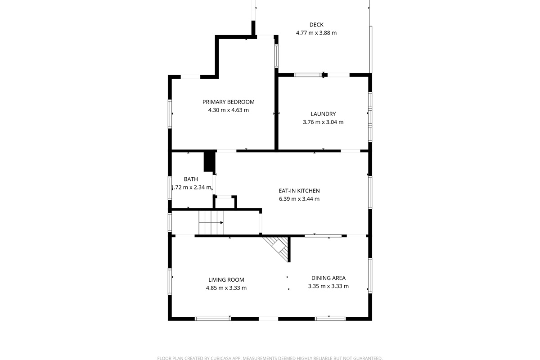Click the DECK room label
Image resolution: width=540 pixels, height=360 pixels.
(x=316, y=25)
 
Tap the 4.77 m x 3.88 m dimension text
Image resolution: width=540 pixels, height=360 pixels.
(x=316, y=33)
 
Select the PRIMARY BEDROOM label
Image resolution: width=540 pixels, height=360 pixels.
(x=228, y=102)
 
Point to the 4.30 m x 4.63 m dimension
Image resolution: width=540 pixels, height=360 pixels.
(x=228, y=110)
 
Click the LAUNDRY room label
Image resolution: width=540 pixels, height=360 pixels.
(x=323, y=114)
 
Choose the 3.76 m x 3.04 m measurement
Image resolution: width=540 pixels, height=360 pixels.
(x=323, y=122)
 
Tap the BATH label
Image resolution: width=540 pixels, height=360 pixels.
(x=191, y=179)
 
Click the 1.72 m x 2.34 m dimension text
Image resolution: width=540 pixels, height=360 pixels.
(x=191, y=187)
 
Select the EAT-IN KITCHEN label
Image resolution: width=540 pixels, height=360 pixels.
(x=299, y=191)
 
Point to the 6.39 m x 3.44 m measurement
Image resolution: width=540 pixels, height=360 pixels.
(x=299, y=199)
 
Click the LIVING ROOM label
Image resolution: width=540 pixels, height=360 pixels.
(x=226, y=280)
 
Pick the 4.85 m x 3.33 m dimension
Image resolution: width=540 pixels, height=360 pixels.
(x=226, y=288)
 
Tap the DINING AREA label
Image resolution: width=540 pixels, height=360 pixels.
(x=328, y=278)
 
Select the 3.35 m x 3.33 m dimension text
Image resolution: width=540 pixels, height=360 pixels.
(x=328, y=286)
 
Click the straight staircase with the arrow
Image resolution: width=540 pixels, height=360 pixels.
(x=211, y=223)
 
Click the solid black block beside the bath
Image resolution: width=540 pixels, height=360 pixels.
(x=209, y=162)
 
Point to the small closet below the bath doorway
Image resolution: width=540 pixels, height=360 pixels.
(x=225, y=202)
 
